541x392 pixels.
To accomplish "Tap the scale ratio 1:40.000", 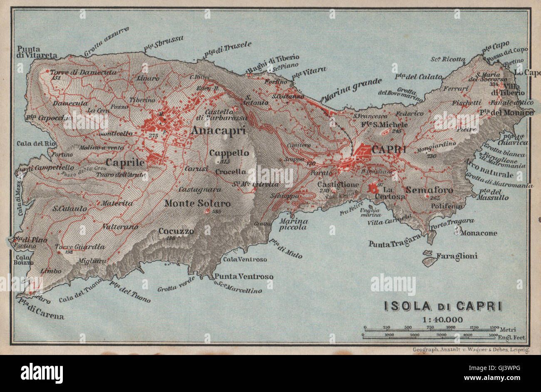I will coord(436,319).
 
